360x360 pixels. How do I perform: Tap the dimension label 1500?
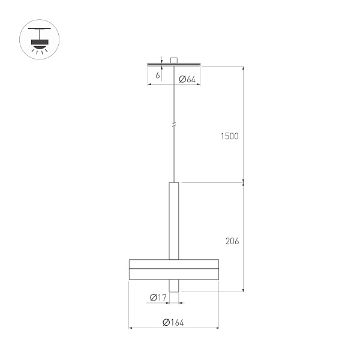[x=229, y=136]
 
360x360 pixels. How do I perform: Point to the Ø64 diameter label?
[x=188, y=79]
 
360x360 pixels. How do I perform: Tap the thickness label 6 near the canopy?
[x=157, y=76]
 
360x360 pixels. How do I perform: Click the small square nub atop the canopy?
[x=173, y=60]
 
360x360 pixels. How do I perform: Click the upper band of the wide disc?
[x=173, y=265]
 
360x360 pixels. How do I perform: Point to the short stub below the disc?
[x=173, y=287]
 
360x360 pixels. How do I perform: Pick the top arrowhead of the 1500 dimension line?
[x=243, y=67]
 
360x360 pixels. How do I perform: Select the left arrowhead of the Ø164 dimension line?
[x=131, y=328]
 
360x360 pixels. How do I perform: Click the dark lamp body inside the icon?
[x=40, y=42]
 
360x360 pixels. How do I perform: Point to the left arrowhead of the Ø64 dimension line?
[x=150, y=85]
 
